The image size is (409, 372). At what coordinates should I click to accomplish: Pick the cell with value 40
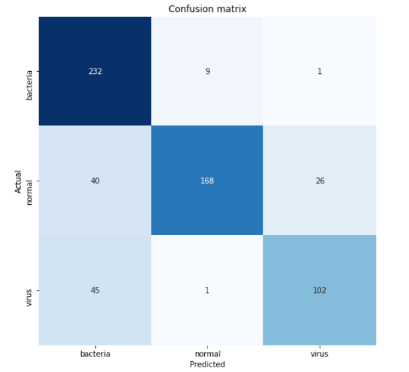[x=95, y=181]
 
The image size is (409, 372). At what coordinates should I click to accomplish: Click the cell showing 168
[x=207, y=181]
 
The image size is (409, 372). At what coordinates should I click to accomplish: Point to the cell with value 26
[x=319, y=181]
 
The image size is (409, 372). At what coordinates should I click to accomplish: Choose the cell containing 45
[x=95, y=290]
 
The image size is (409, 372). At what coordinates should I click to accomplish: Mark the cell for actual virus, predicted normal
[x=207, y=290]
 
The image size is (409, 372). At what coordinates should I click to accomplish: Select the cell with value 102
[x=319, y=290]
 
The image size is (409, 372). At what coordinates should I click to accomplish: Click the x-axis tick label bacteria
[x=95, y=354]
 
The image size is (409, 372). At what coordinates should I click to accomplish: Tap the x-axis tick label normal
[x=207, y=354]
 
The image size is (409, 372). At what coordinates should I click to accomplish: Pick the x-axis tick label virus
[x=319, y=354]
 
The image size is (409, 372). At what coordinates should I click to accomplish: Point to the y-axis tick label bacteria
[x=30, y=83]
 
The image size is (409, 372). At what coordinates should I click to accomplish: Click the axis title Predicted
[x=207, y=364]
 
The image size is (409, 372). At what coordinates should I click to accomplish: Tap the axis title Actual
[x=18, y=181]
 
